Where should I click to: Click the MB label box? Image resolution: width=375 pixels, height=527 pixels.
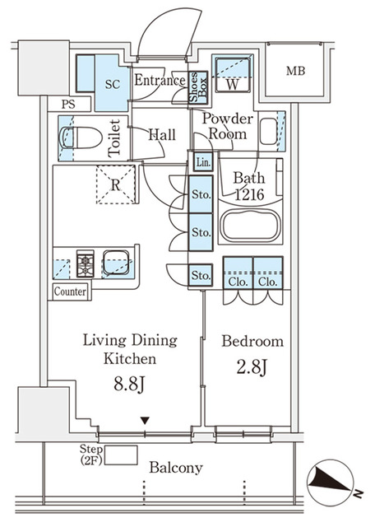pos(295,72)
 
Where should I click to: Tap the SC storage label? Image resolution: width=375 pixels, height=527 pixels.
pos(113,84)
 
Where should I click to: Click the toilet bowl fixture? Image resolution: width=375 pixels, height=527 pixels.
pos(78,140)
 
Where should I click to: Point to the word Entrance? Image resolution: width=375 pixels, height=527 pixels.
pos(159,81)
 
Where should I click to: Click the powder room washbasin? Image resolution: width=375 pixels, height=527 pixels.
pos(269,131)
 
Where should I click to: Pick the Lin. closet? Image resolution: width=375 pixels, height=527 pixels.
pos(203,163)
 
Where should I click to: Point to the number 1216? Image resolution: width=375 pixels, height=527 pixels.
pos(248,196)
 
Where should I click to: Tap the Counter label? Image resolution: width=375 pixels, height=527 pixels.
pos(71,291)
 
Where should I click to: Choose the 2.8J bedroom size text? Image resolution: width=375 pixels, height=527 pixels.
pos(252,368)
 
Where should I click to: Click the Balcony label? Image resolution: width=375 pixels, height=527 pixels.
pos(176,467)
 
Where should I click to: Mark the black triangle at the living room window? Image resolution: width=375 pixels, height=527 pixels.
pos(145,422)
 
